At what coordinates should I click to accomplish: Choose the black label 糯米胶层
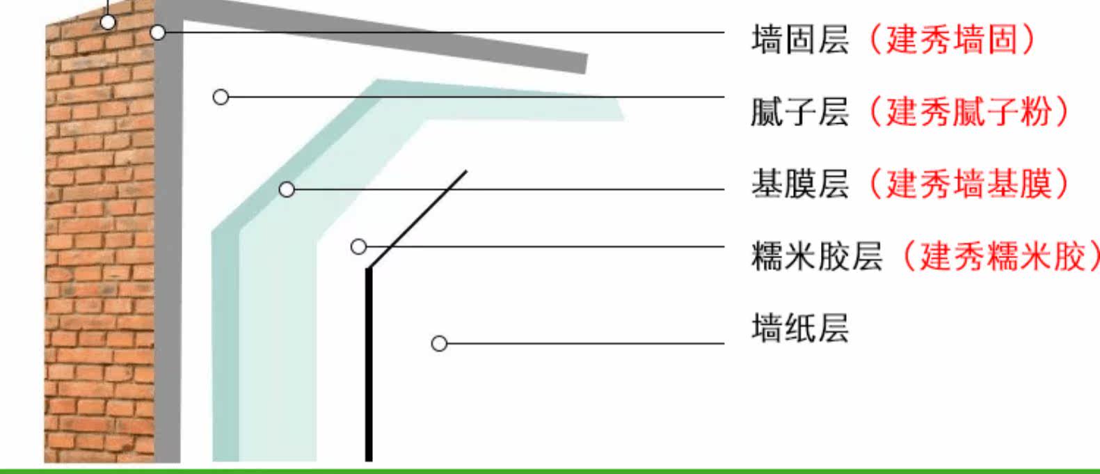coord(816,256)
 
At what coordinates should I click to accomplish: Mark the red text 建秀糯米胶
coord(1003,256)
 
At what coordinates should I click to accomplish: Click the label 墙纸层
coord(799,329)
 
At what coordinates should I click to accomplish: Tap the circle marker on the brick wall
coord(108,22)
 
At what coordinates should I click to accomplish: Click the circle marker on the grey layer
coord(159,32)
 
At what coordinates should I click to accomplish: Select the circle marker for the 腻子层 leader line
coord(221,97)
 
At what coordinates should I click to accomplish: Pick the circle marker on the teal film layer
coord(287,189)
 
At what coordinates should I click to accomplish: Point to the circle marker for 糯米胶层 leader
coord(358,246)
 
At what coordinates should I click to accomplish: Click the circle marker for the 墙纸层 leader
coord(439,343)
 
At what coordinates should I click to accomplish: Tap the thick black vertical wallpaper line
coord(369,369)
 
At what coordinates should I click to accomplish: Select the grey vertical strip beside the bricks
coord(168,278)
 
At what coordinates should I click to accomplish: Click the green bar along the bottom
coord(550,470)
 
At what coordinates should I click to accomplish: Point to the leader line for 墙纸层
coord(584,343)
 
